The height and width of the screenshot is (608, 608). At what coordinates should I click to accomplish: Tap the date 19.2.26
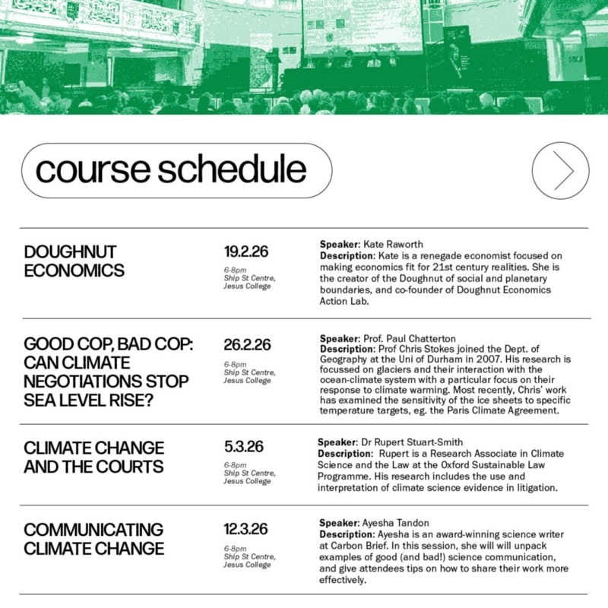click(245, 252)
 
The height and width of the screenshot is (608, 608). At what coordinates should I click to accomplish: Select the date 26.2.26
click(247, 344)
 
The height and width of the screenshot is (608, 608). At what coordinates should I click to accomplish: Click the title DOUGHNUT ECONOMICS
click(74, 261)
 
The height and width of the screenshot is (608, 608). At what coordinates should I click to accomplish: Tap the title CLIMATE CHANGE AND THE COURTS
click(93, 455)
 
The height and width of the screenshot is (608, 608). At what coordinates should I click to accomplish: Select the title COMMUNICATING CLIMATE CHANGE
click(93, 538)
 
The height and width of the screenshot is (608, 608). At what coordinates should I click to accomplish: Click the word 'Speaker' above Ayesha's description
click(340, 523)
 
